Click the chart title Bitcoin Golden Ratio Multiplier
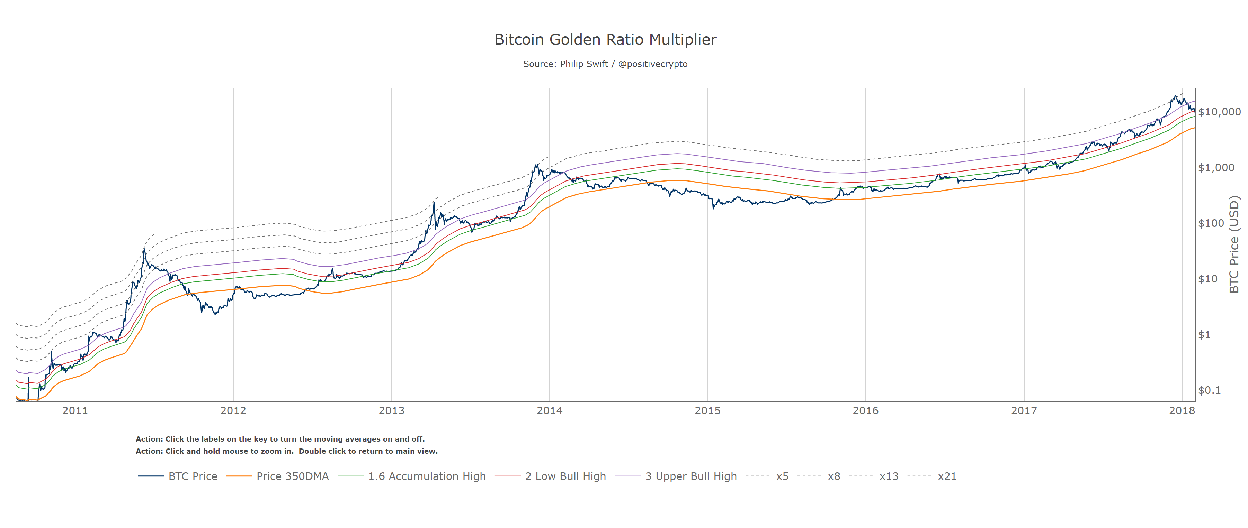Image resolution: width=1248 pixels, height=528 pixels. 605,40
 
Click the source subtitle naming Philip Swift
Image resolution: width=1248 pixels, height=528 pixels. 605,64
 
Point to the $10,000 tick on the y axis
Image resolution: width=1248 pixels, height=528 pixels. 1219,112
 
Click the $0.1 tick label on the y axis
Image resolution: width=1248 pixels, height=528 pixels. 1209,390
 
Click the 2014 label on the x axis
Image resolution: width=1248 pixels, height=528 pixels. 550,411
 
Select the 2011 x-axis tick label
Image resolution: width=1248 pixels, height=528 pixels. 75,411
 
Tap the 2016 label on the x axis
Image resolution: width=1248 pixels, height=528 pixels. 865,411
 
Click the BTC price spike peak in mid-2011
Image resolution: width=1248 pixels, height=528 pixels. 144,249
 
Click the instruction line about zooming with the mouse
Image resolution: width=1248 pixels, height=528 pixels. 286,451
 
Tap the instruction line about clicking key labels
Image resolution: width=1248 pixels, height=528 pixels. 280,439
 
